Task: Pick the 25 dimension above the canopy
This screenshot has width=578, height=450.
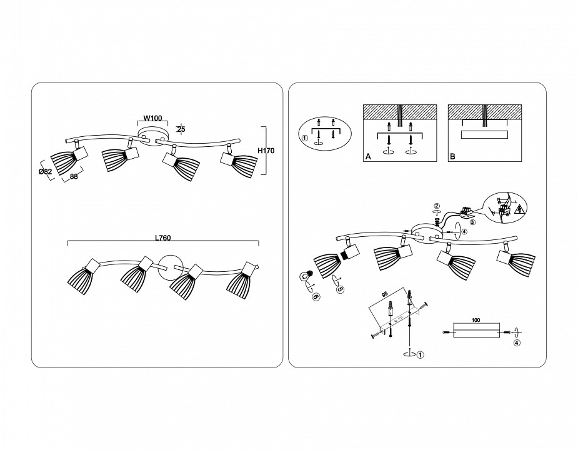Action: [181, 130]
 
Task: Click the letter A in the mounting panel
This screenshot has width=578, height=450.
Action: [368, 157]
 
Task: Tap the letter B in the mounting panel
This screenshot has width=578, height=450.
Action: [452, 157]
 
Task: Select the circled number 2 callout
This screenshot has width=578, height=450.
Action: [437, 205]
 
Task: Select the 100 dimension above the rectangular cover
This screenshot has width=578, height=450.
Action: [476, 319]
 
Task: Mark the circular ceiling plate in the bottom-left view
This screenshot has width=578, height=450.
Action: [170, 267]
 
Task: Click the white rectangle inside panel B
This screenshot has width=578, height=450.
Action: [484, 134]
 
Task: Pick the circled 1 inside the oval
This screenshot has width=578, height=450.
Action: [306, 139]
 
